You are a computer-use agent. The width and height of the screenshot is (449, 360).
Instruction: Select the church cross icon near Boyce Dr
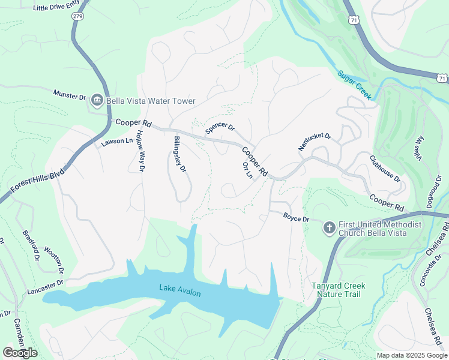[x=328, y=227]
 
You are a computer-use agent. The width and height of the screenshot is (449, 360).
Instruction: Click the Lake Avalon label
[x=179, y=290]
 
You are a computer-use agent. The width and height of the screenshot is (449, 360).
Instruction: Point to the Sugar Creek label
[x=354, y=85]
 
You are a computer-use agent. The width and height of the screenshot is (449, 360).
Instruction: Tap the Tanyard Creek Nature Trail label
[x=338, y=290]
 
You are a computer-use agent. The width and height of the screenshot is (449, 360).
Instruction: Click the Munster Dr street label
[x=70, y=95]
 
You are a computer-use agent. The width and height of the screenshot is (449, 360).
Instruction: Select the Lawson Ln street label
[x=116, y=142]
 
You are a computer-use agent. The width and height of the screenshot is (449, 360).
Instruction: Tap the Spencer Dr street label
[x=220, y=128]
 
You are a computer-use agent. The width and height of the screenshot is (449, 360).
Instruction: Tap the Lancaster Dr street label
[x=45, y=287]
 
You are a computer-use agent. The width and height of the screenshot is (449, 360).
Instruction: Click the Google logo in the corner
[x=20, y=352]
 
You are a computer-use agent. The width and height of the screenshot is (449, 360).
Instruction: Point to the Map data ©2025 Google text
[x=411, y=355]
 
